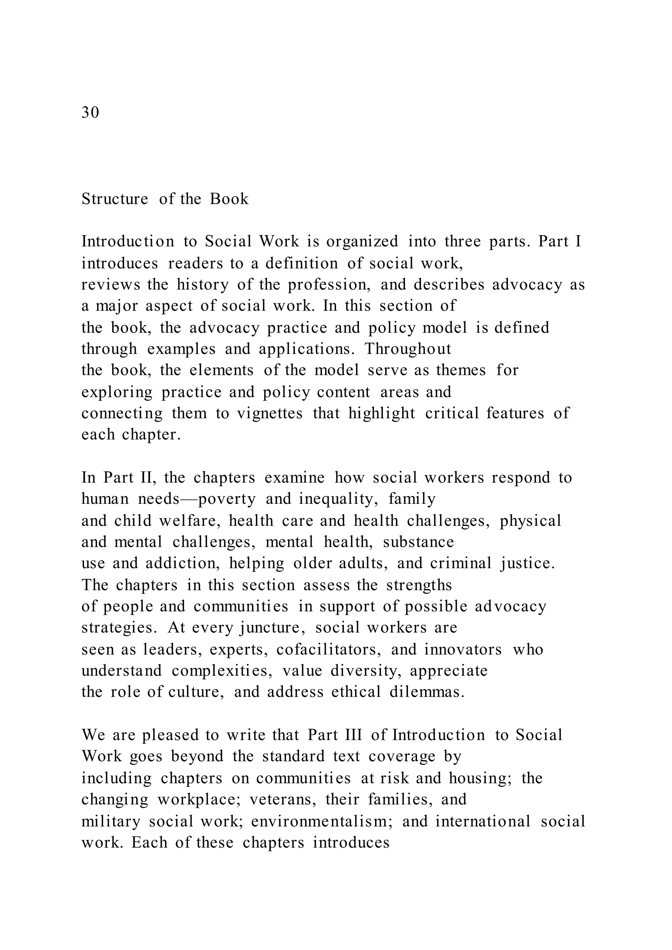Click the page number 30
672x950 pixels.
point(90,113)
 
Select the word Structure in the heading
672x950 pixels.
point(115,199)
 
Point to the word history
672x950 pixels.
point(202,285)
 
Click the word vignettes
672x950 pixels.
point(270,413)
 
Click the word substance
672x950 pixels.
point(418,542)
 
